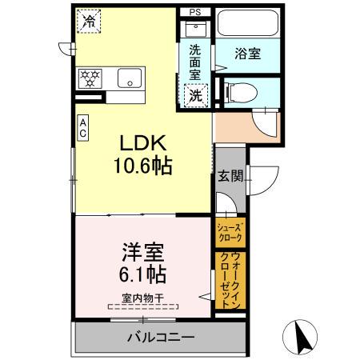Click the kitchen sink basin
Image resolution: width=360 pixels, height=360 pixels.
pos(129,78)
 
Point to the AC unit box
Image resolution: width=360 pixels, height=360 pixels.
pos(82,128)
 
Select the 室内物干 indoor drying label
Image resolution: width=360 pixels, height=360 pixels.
pos(143,298)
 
